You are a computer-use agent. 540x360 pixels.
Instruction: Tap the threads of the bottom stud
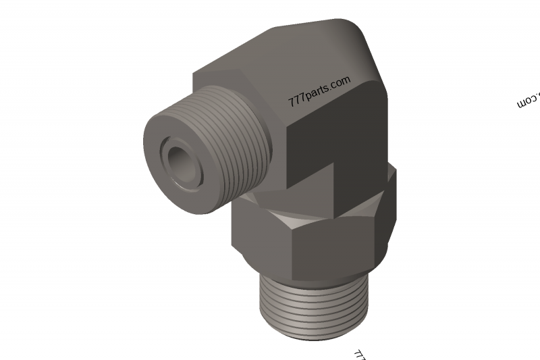pyautogui.click(x=315, y=304)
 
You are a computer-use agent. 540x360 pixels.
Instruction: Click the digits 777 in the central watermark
pyautogui.click(x=295, y=101)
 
